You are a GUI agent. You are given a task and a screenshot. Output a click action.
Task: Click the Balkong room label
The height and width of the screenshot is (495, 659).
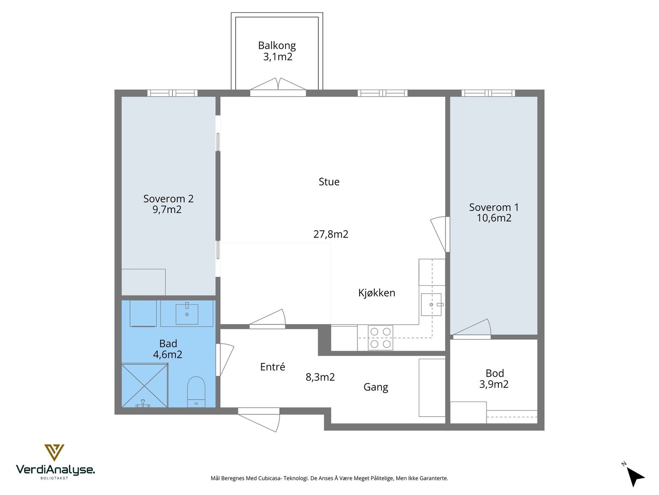pos(277,46)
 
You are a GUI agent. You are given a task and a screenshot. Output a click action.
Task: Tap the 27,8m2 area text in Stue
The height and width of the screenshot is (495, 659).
pos(331,234)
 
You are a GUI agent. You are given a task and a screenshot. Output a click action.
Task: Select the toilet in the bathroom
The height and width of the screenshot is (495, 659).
pos(196,392)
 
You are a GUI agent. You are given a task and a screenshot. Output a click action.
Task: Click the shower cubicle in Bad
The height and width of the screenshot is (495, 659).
pos(145,385)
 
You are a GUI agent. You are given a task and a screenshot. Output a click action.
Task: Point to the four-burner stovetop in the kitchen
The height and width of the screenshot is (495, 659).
pos(381,338)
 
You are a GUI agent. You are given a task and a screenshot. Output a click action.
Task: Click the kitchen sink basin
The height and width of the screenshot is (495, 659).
pos(431,304)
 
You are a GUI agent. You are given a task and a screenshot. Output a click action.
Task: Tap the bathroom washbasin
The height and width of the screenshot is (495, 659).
pos(187,314)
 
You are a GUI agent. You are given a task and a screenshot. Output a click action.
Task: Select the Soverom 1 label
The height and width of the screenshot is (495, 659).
pos(494,207)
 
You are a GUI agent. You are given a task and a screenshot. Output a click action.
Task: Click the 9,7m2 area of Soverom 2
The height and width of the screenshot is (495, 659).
pos(167,210)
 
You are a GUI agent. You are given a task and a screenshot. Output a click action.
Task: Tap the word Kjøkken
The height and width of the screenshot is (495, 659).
pos(376,293)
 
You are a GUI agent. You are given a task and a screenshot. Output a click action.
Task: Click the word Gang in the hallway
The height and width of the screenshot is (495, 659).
pos(376,387)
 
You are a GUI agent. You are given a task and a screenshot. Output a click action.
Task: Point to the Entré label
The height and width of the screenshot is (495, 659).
pos(272,367)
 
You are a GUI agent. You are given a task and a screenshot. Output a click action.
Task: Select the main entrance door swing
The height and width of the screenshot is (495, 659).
pos(259,420)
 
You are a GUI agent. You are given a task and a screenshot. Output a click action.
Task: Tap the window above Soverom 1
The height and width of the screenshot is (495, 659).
pos(488,93)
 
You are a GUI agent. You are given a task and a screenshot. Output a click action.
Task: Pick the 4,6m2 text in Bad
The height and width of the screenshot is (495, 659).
pos(168,355)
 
